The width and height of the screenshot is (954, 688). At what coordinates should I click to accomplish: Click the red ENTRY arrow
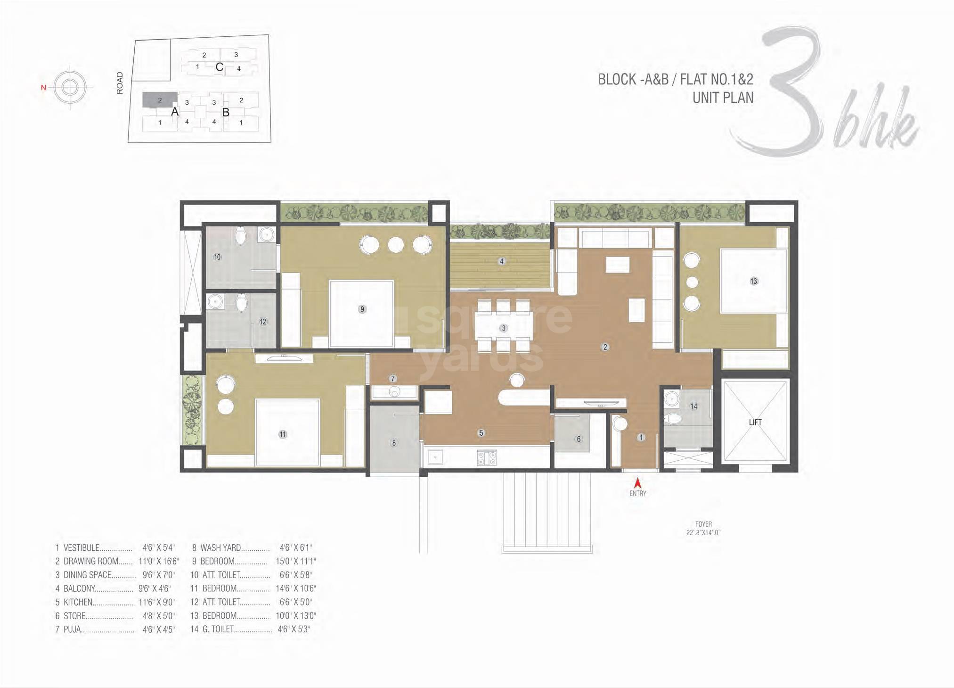[x=637, y=483]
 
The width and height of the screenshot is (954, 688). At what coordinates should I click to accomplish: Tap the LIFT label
[x=755, y=423]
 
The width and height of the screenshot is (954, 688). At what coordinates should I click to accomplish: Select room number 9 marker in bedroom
[x=362, y=309]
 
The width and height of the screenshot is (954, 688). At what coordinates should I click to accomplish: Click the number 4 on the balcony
[x=502, y=261]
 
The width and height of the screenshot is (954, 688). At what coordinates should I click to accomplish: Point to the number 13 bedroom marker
[x=753, y=282]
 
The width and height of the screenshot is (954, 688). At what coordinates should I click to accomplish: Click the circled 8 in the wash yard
[x=394, y=443]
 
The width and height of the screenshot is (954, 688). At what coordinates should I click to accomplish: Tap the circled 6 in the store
[x=579, y=439]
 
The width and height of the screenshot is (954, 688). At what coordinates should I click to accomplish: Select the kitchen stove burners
[x=487, y=458]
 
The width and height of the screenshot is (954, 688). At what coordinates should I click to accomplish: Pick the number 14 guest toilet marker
[x=693, y=406]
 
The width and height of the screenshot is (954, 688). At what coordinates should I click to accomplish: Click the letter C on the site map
[x=219, y=67]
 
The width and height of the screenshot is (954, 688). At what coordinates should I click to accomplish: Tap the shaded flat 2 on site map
[x=160, y=100]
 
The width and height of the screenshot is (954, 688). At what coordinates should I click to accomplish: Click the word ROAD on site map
[x=120, y=83]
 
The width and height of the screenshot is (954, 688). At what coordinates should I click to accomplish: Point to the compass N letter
[x=43, y=88]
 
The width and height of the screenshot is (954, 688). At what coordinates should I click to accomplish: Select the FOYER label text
[x=703, y=524]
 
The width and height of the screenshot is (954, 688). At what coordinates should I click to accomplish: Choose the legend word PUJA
[x=72, y=630]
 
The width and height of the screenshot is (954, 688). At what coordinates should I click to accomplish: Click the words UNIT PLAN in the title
[x=723, y=98]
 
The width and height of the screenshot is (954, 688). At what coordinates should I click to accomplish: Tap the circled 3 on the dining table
[x=503, y=328]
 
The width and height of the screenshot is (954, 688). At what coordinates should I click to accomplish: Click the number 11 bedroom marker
[x=282, y=434]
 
